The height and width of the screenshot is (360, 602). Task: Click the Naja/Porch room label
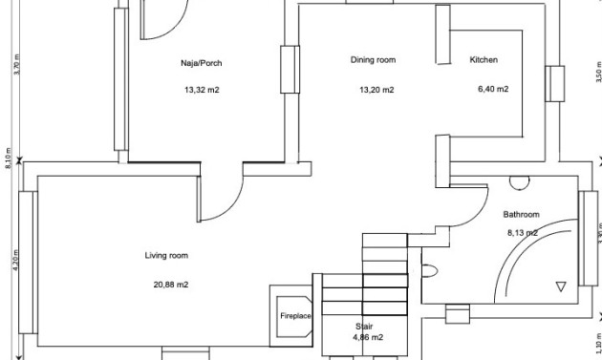click(x=201, y=64)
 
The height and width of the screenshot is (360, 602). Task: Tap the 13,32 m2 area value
click(x=201, y=92)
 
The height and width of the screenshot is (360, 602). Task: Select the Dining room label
click(x=373, y=60)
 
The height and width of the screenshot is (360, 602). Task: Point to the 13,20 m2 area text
click(x=376, y=90)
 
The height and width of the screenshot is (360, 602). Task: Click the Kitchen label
click(x=484, y=60)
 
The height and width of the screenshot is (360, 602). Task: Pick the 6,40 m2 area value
click(x=492, y=90)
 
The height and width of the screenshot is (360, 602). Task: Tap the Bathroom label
click(x=522, y=215)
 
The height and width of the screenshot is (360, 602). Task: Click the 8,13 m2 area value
click(x=522, y=232)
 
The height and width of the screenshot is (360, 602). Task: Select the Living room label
click(x=165, y=256)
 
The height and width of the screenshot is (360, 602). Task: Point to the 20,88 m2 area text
click(x=170, y=285)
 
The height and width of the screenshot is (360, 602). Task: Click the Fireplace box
click(x=295, y=314)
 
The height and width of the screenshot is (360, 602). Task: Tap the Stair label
click(x=364, y=326)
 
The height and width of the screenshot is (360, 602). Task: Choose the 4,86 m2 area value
click(x=368, y=337)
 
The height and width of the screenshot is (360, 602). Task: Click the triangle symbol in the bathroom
click(x=561, y=286)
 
